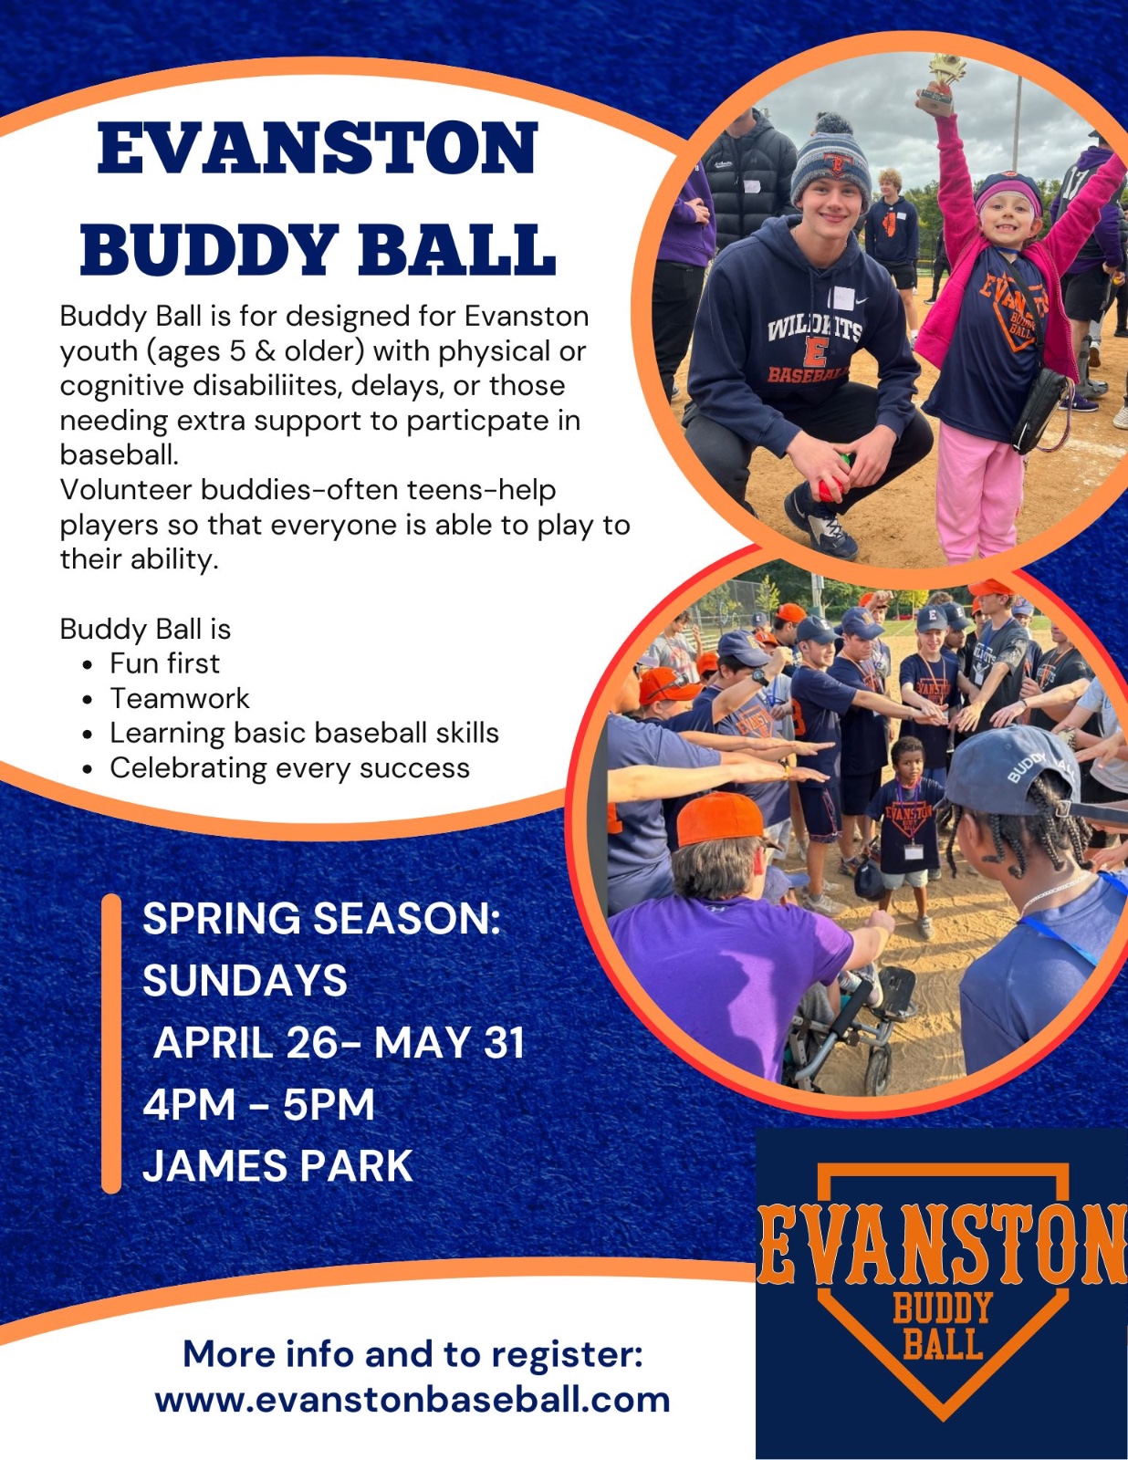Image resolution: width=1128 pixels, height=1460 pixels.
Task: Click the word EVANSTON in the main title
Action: [317, 148]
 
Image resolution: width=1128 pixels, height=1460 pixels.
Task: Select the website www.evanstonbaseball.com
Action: [413, 1400]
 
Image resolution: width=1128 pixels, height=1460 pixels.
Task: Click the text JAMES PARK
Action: [277, 1165]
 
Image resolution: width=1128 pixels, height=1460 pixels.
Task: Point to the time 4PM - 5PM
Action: [258, 1104]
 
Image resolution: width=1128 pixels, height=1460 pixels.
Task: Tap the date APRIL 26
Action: [245, 1043]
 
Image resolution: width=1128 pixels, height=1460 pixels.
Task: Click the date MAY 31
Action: [449, 1043]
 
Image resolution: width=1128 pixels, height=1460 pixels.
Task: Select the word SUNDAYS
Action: [245, 980]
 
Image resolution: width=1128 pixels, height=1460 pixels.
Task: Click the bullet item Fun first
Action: [164, 663]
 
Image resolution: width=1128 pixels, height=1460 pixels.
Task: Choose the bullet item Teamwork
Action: [180, 698]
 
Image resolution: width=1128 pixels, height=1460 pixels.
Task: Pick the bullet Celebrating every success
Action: [289, 768]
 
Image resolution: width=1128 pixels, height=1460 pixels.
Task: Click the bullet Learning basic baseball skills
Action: [304, 733]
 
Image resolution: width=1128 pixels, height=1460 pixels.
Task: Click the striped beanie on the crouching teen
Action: [831, 164]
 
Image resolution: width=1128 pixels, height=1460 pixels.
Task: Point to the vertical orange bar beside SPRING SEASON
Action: [111, 1044]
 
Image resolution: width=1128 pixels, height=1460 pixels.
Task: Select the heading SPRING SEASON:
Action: [322, 918]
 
